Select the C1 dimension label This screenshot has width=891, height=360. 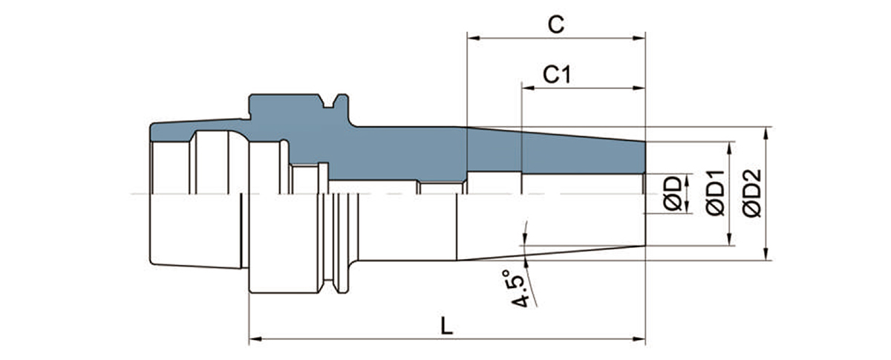(x=557, y=74)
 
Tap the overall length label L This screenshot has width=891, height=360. (x=446, y=327)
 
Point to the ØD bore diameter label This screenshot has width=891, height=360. (x=673, y=194)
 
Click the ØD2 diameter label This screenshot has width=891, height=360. (x=751, y=194)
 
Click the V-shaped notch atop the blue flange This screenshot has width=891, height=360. (x=327, y=102)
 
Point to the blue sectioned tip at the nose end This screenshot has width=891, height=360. (x=631, y=156)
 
